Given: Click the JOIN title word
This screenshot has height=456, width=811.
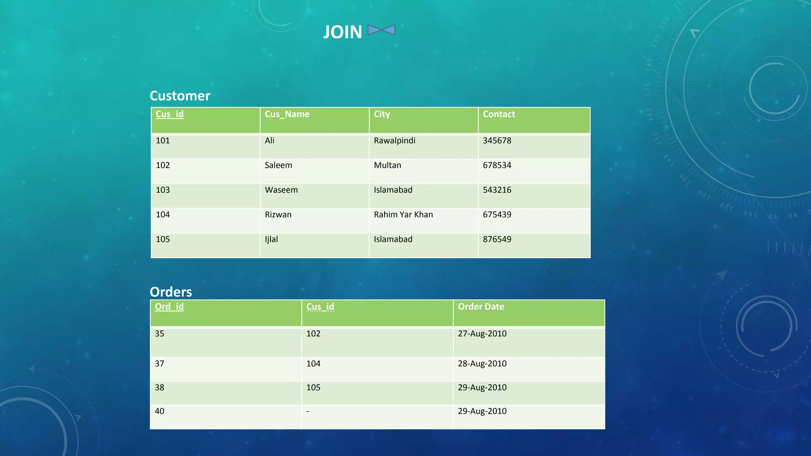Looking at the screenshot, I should [x=343, y=32].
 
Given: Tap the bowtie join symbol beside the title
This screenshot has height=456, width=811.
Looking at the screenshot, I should [x=381, y=30].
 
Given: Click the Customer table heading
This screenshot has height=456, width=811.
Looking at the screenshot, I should [x=180, y=96].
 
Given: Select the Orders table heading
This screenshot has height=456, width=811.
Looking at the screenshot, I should [x=171, y=292].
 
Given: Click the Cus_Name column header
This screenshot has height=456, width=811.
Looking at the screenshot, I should [x=287, y=114].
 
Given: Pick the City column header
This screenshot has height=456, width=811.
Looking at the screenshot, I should [x=382, y=114].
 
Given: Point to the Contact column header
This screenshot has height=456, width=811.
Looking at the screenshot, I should [x=499, y=114].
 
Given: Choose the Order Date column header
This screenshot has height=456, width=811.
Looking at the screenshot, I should [x=481, y=307].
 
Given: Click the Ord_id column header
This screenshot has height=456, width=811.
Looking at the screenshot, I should [x=169, y=307].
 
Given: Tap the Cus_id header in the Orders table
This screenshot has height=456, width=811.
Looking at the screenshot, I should [x=320, y=307].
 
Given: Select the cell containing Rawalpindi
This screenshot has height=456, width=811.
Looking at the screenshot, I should [x=394, y=141].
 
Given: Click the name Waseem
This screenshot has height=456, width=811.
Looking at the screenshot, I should [x=281, y=190].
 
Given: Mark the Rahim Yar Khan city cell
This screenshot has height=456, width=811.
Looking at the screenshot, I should [x=403, y=215].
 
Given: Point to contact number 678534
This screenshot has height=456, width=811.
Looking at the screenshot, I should [x=497, y=165].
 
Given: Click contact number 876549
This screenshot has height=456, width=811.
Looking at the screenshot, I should [x=497, y=239].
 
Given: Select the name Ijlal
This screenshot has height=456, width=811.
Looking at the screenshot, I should [x=271, y=239].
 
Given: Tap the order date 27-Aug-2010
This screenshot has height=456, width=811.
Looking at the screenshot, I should [x=482, y=334].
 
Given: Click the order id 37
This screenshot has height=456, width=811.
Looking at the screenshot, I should [x=160, y=364].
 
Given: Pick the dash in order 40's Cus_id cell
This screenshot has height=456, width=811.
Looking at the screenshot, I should [x=308, y=412].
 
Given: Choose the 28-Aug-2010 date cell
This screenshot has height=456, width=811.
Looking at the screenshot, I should [x=482, y=364].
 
